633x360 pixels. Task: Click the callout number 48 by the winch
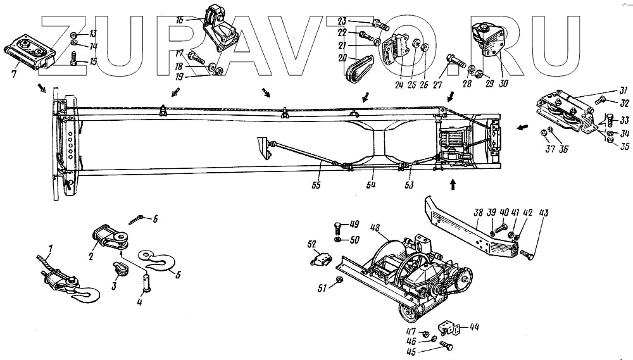tap(375, 227)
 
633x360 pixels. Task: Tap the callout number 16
tap(180, 20)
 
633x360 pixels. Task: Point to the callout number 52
tap(311, 245)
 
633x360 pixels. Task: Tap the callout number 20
tap(342, 58)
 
